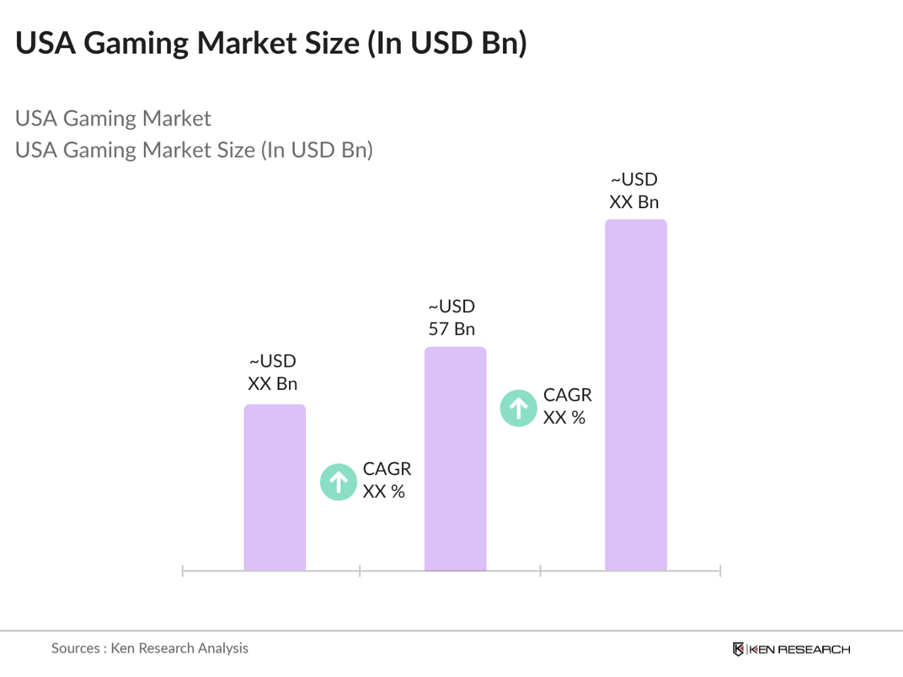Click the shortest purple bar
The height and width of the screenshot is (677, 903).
click(274, 487)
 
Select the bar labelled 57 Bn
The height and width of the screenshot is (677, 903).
click(455, 459)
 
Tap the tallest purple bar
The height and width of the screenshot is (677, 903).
click(635, 395)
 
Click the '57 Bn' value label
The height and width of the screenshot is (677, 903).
click(452, 329)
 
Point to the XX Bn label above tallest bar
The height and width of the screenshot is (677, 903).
click(634, 202)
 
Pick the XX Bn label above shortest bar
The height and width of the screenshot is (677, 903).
click(273, 384)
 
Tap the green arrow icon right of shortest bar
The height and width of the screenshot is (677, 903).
click(339, 482)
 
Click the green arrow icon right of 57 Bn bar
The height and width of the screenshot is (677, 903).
click(519, 408)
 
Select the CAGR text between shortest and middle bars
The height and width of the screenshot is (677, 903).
click(387, 469)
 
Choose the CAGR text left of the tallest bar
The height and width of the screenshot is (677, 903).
click(567, 395)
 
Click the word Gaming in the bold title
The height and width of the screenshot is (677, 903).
click(136, 44)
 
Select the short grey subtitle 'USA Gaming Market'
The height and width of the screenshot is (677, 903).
click(113, 119)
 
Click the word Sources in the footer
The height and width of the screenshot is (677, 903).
click(75, 648)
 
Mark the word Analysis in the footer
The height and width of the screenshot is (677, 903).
click(223, 648)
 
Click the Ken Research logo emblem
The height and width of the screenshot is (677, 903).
click(738, 649)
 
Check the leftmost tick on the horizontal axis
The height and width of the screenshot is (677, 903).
click(182, 571)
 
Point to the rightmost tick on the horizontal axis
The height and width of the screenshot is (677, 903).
click(720, 571)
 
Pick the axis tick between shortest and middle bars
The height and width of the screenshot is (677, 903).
click(360, 571)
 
